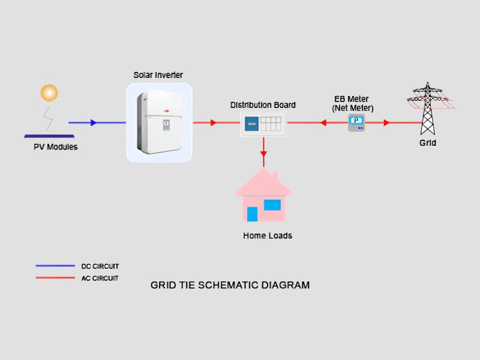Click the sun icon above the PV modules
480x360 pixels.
49,93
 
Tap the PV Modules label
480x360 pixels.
55,147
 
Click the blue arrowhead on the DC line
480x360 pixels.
93,122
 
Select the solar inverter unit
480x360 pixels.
159,122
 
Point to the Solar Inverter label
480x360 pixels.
158,75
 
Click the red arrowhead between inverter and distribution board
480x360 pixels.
212,122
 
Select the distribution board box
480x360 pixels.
263,124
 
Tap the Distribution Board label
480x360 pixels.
263,105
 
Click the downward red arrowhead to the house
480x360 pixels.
263,154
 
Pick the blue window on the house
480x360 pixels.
272,205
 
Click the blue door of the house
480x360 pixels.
252,214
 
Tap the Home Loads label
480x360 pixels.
268,236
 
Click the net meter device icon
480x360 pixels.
356,123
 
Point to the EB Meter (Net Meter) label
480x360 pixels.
352,103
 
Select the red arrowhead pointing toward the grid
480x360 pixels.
386,122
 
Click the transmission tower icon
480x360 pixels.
427,108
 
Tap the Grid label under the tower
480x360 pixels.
427,143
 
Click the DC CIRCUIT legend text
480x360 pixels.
100,266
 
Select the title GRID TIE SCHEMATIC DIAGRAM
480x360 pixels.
230,285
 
